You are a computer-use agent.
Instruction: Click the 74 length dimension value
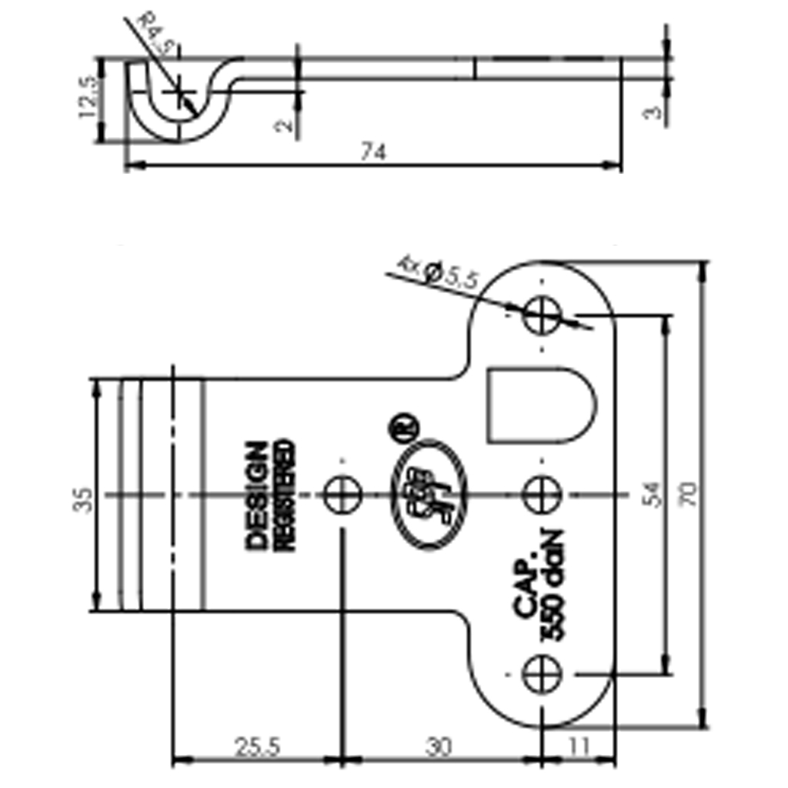(372, 153)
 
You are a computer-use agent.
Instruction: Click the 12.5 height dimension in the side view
(88, 98)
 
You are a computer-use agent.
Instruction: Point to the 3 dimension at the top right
(653, 112)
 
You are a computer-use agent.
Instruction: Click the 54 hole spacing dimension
(650, 493)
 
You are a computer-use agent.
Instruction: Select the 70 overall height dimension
(690, 493)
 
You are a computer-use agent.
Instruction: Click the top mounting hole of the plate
(542, 315)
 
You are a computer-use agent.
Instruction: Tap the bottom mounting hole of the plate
(542, 675)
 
